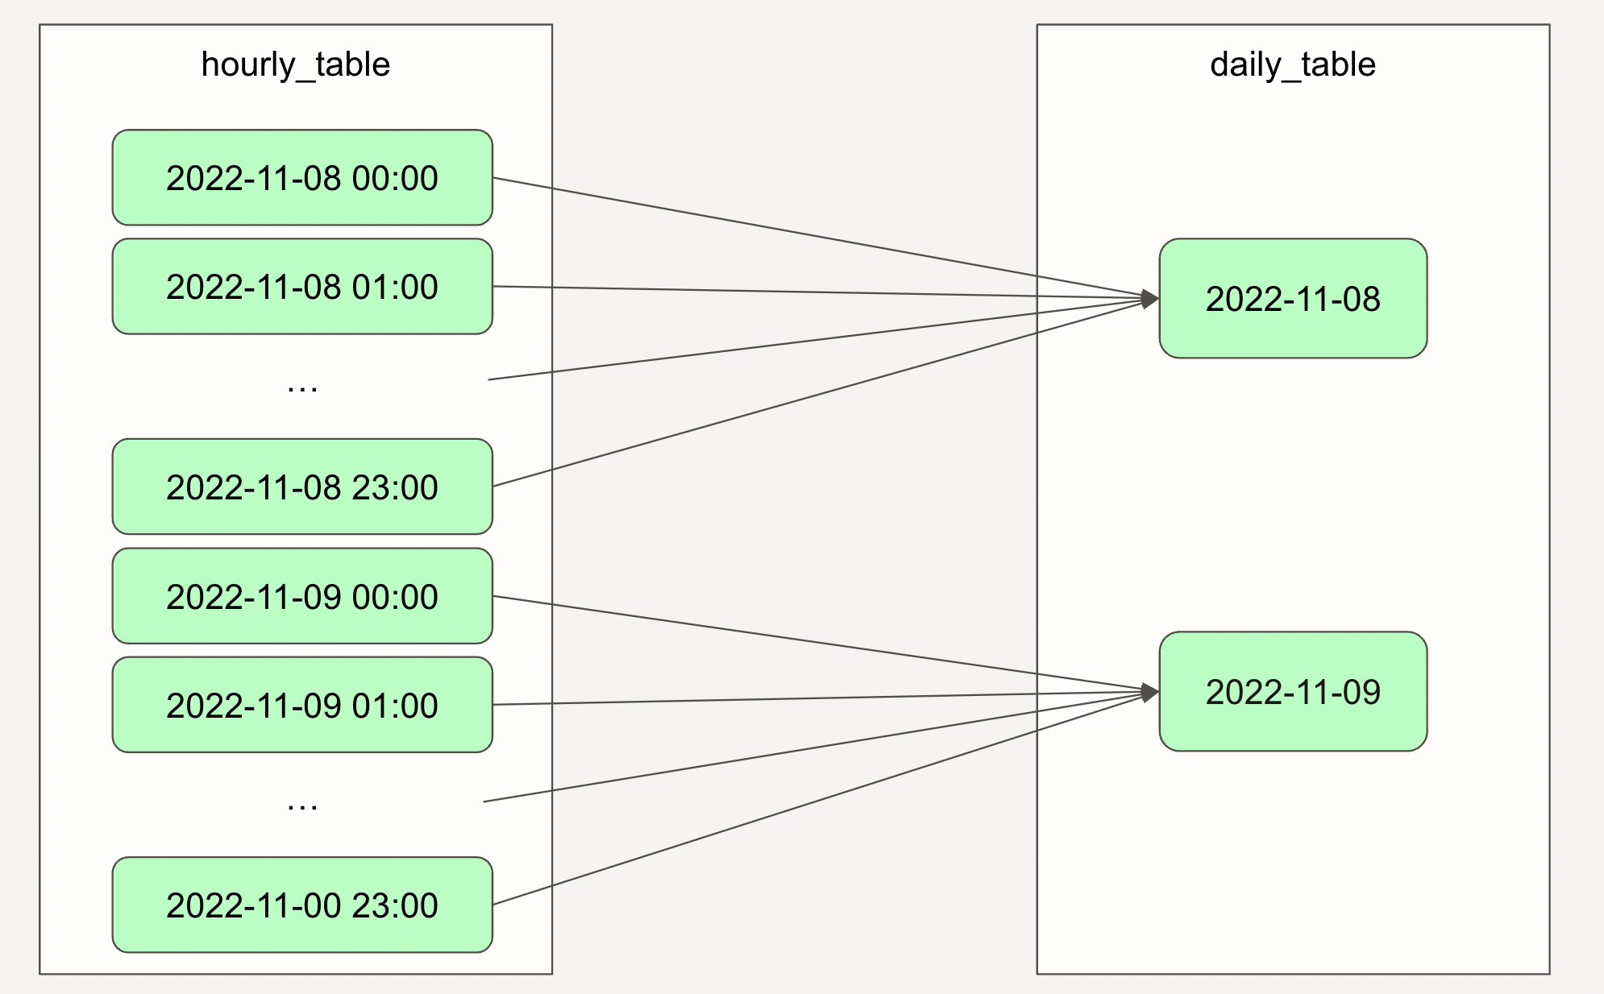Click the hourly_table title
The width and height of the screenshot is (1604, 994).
point(296,64)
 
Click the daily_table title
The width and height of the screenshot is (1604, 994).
point(1293,64)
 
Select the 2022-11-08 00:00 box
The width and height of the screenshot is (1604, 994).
point(302,177)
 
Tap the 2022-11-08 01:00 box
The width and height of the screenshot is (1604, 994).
point(302,286)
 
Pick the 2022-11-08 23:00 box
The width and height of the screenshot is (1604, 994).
point(302,487)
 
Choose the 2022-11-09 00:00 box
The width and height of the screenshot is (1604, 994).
point(302,596)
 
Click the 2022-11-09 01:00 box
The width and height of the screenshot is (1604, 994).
point(302,705)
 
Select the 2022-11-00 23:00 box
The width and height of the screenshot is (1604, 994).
point(302,905)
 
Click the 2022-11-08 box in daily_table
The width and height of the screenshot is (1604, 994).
point(1293,298)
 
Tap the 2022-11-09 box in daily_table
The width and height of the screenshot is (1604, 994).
point(1293,691)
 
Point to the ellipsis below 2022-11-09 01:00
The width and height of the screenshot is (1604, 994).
point(302,806)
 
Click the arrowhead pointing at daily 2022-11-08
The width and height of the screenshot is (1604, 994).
point(1151,299)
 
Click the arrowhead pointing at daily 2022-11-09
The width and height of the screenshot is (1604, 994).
point(1151,692)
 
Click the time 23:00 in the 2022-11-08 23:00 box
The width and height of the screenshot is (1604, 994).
point(395,487)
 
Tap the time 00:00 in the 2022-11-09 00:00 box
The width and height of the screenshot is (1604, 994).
point(395,597)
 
